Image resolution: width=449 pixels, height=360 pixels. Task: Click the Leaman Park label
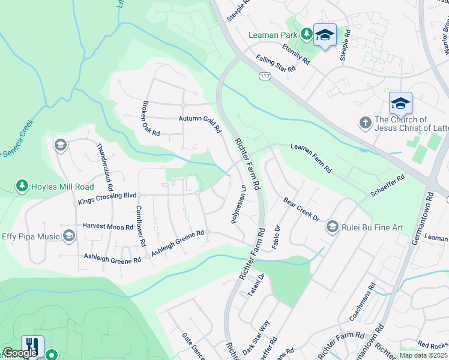273,35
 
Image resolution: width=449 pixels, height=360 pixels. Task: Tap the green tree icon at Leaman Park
306,34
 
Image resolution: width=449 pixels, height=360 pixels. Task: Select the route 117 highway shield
265,76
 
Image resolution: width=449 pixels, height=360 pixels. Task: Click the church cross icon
364,124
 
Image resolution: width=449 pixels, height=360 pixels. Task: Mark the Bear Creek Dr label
301,210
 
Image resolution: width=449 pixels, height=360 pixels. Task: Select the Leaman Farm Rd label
311,158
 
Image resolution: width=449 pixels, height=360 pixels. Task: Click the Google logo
20,353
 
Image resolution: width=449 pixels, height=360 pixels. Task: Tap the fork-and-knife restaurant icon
31,345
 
